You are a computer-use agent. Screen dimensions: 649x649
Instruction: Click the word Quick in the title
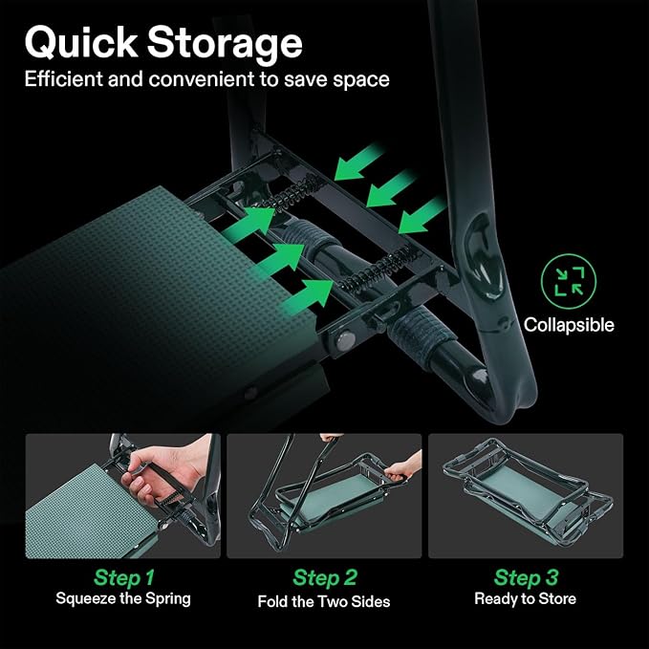(x=81, y=43)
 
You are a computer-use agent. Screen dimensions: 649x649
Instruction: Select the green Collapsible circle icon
(x=569, y=281)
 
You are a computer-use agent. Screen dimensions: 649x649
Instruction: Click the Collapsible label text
(x=569, y=325)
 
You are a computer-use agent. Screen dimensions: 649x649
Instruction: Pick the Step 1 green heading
(x=124, y=577)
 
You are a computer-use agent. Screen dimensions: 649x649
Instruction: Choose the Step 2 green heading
(x=325, y=577)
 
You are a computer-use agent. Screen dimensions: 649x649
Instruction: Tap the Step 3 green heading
(x=526, y=577)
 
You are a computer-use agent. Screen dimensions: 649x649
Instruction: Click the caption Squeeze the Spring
(x=123, y=599)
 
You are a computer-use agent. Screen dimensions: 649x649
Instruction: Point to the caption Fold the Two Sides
(x=324, y=601)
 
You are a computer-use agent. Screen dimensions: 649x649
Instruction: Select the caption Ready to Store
(x=526, y=599)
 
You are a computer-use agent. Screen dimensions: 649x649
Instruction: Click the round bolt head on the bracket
(x=345, y=341)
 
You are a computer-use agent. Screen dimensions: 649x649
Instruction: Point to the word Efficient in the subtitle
(x=63, y=78)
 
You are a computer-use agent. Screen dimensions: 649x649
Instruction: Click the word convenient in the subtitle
(x=202, y=79)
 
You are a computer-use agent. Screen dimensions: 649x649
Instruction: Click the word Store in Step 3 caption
(x=557, y=599)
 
